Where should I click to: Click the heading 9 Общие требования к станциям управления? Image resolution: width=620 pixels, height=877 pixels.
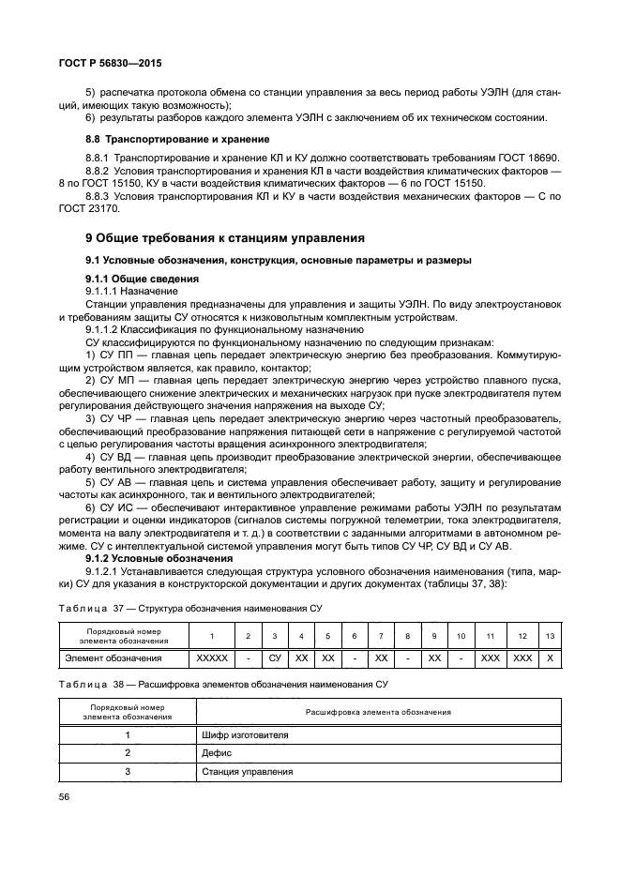pyautogui.click(x=219, y=237)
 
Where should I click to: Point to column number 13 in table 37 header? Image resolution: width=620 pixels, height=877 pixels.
pyautogui.click(x=549, y=636)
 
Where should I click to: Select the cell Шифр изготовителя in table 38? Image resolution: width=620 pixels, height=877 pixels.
pyautogui.click(x=244, y=734)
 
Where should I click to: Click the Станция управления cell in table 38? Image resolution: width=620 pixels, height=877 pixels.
pyautogui.click(x=247, y=772)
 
